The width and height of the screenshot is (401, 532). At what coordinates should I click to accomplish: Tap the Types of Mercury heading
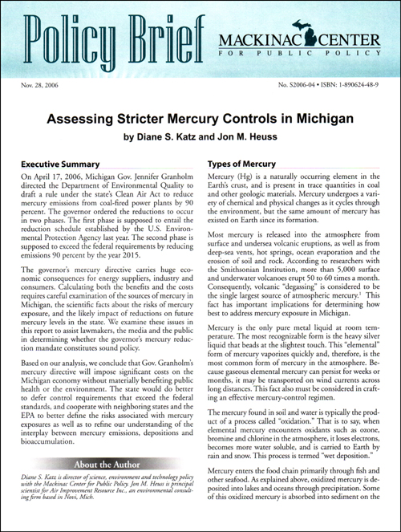pyautogui.click(x=242, y=164)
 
